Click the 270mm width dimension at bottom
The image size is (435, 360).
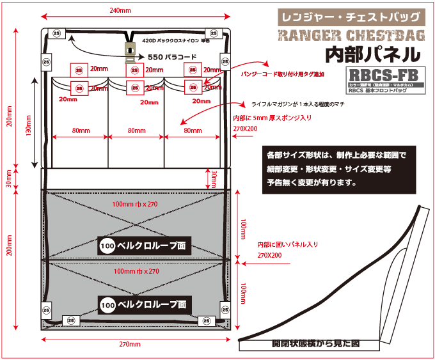(129, 345)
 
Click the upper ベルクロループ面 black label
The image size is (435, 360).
(145, 246)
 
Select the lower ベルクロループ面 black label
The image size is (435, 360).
(145, 304)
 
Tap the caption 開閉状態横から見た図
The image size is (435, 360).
(315, 343)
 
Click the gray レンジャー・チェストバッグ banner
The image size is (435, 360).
(351, 16)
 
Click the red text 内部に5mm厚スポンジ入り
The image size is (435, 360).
(273, 118)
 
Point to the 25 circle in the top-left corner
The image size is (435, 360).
(56, 35)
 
